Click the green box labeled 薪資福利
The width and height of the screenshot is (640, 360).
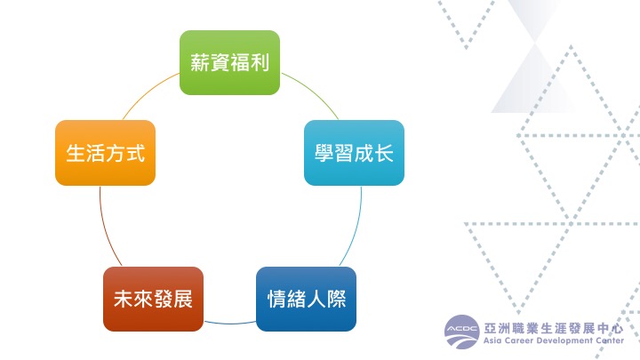(x=230, y=62)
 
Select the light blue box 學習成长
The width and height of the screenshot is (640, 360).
(x=355, y=153)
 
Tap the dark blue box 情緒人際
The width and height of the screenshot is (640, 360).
(x=306, y=299)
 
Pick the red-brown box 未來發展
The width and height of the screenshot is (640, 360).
(x=153, y=299)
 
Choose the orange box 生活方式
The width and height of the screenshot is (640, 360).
(x=105, y=153)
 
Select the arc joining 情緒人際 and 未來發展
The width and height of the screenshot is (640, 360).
(x=230, y=324)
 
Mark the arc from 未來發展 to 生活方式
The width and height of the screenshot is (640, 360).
(x=106, y=228)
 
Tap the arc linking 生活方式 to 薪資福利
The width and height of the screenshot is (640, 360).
(x=148, y=92)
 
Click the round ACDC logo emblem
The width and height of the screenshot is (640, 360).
(x=461, y=332)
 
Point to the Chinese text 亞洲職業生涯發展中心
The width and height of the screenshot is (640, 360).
(x=554, y=328)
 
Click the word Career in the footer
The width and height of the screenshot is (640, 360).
(x=519, y=340)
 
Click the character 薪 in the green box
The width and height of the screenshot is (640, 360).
(x=200, y=62)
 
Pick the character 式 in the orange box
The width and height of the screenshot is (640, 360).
(x=135, y=154)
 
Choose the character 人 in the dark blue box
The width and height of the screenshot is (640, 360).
(x=316, y=299)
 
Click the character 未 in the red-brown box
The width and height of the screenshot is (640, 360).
(x=124, y=299)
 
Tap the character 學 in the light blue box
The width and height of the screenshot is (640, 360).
(x=324, y=154)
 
